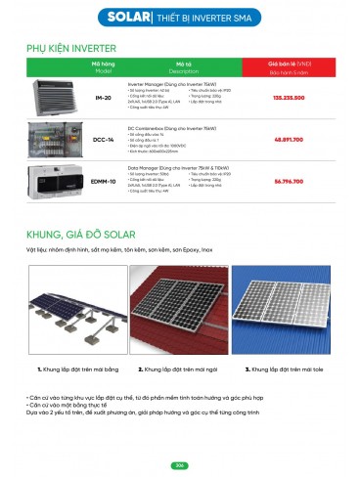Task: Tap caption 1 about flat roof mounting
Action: [74, 371]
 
